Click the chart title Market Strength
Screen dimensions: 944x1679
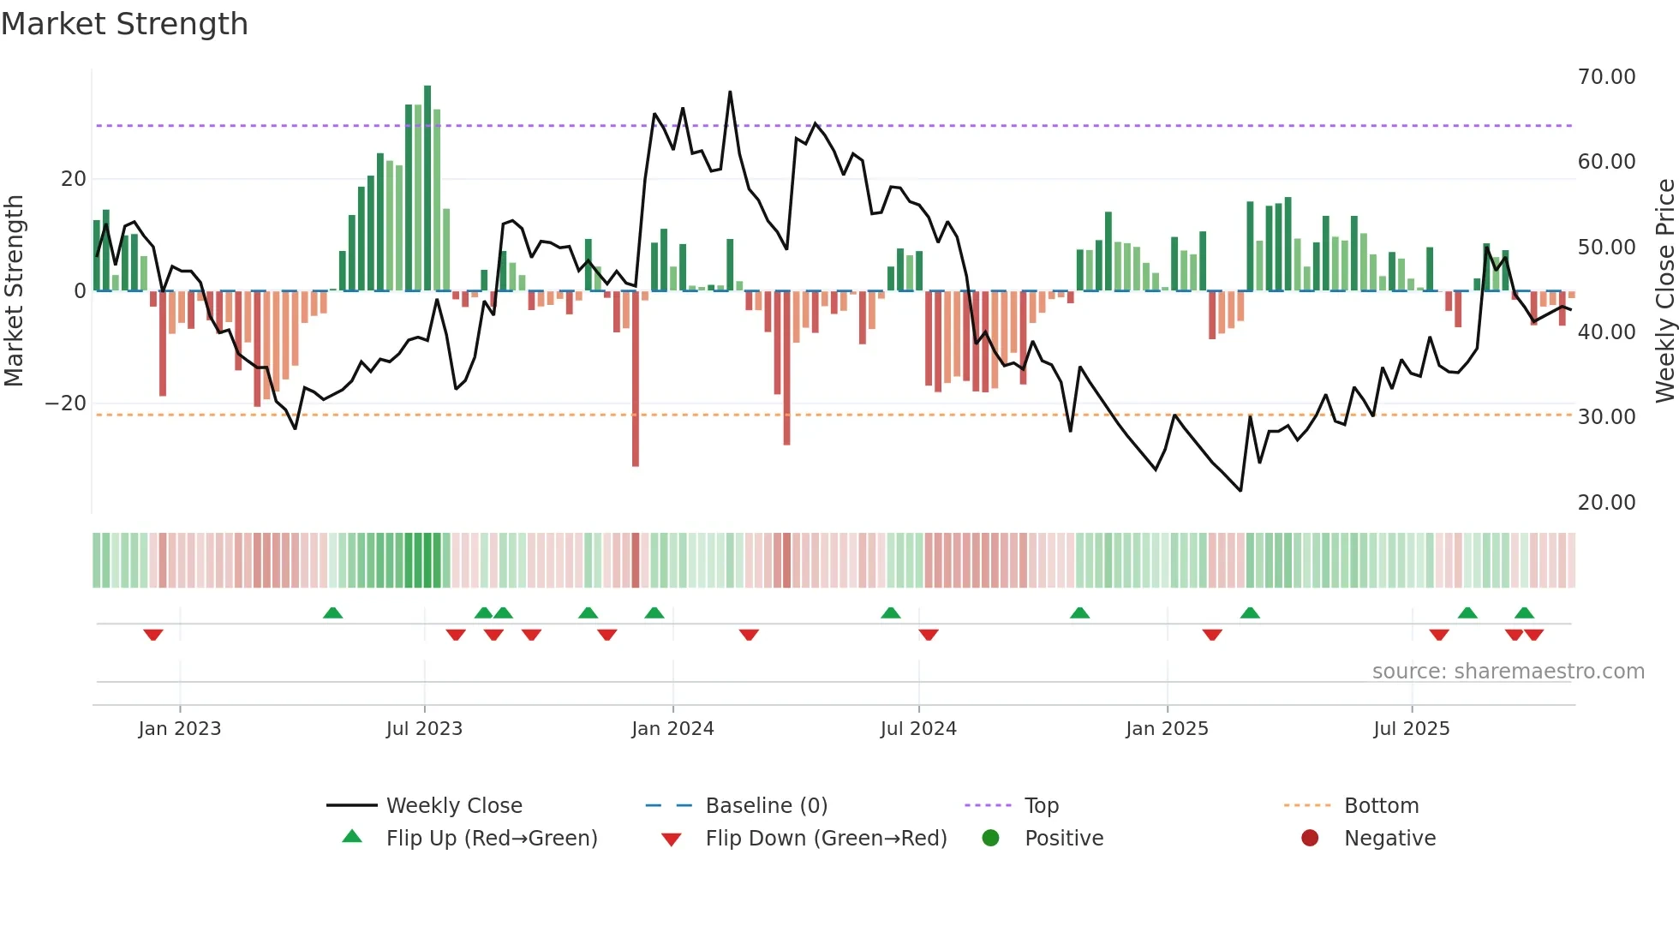click(x=124, y=24)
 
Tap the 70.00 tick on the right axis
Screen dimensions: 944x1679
click(x=1606, y=77)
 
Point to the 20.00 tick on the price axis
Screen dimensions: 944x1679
click(x=1606, y=503)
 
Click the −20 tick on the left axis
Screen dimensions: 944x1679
click(x=66, y=403)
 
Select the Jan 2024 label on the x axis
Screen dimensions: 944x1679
click(x=672, y=729)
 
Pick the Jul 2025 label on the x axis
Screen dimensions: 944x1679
click(x=1411, y=729)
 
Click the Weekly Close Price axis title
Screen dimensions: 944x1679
click(x=1664, y=291)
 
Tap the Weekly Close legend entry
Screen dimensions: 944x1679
click(x=453, y=806)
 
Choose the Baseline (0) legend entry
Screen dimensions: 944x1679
click(x=766, y=806)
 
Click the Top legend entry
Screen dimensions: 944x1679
click(x=1041, y=806)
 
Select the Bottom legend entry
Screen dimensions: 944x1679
click(x=1381, y=806)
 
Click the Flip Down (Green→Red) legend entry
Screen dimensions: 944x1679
click(x=826, y=839)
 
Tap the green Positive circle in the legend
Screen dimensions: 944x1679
click(x=991, y=839)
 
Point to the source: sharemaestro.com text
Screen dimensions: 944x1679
click(x=1508, y=672)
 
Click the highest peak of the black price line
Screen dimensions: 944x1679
click(x=730, y=93)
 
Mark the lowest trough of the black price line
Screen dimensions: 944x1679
click(x=1240, y=490)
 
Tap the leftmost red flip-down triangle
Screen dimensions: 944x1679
click(x=153, y=635)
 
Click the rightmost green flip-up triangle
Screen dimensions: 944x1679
click(x=1524, y=612)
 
